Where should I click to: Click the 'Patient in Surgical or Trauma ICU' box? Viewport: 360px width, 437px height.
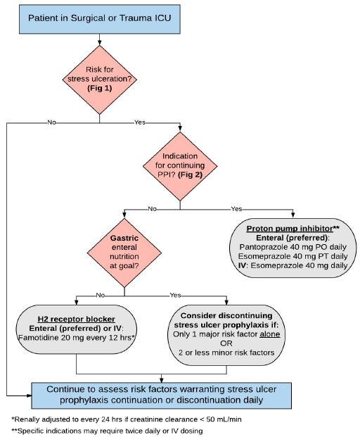(99, 15)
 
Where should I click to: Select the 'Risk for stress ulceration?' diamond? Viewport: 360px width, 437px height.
(99, 79)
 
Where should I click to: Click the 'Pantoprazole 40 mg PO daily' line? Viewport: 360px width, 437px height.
(292, 248)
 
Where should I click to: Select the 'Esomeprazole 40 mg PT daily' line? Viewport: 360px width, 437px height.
(292, 257)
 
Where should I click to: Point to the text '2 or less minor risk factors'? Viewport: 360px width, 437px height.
(225, 352)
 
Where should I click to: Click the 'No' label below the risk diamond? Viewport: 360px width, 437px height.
(51, 122)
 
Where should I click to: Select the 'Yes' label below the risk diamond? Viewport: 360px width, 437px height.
(140, 122)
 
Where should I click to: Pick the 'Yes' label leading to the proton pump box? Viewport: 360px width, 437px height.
(236, 208)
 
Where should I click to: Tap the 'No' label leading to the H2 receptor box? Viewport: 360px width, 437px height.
(152, 208)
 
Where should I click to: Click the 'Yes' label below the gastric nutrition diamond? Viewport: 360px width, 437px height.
(175, 296)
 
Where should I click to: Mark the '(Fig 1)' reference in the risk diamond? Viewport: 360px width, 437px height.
(99, 89)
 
